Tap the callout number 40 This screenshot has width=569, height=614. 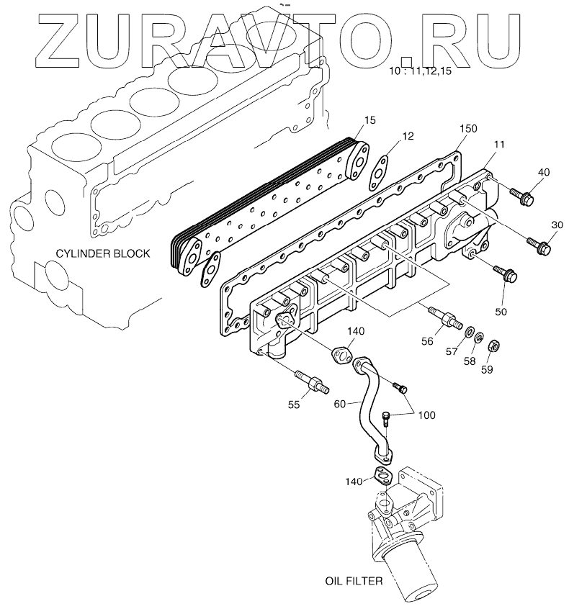pyautogui.click(x=543, y=172)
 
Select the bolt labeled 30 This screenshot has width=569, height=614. pyautogui.click(x=539, y=245)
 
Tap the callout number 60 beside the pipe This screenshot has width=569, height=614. pyautogui.click(x=340, y=405)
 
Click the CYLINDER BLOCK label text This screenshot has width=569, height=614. pyautogui.click(x=104, y=253)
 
